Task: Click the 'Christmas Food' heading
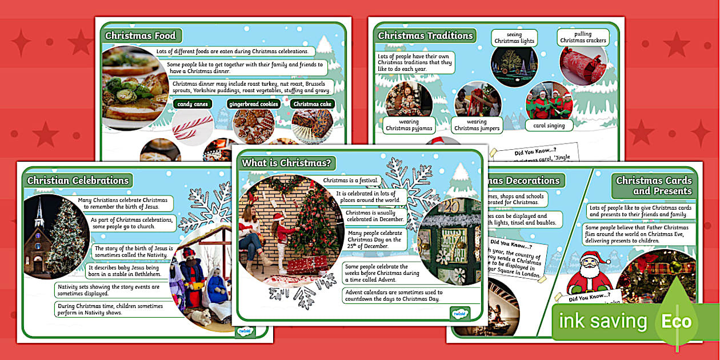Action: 140,35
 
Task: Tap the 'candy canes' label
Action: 193,104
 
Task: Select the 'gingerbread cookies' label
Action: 254,104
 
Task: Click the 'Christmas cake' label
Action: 312,104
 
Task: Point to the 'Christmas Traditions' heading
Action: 426,35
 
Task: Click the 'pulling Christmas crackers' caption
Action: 583,37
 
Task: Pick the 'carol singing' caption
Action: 548,126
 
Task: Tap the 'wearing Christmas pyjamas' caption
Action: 409,125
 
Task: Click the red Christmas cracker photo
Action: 582,66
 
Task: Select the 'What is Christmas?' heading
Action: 286,163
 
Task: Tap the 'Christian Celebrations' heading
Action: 78,181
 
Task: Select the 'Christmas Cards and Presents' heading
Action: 654,186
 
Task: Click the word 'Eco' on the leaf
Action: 676,322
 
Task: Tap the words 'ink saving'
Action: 603,322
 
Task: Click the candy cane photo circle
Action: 193,127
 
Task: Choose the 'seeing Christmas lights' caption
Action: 514,38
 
